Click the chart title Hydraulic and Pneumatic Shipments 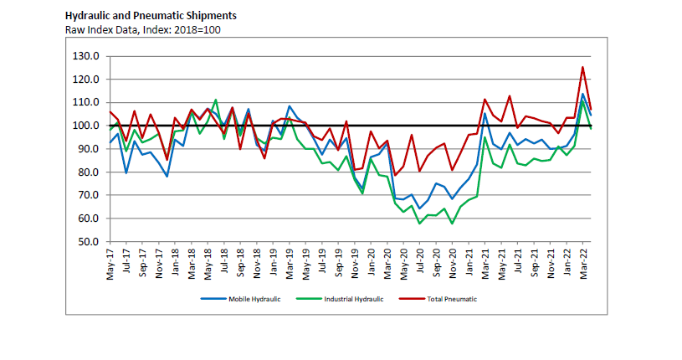tap(151, 15)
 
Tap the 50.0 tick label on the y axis tap(89, 242)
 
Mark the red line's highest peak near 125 tap(582, 67)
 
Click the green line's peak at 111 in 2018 tap(216, 100)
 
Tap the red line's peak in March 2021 tap(485, 99)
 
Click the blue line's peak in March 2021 tap(485, 112)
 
